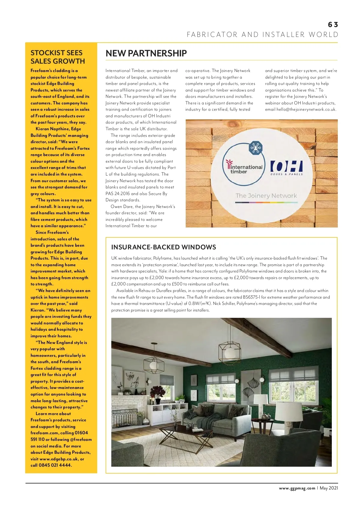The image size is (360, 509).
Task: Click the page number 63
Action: click(x=333, y=25)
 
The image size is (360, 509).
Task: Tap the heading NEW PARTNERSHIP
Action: click(x=146, y=53)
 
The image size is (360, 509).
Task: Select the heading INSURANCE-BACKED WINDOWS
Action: click(x=163, y=247)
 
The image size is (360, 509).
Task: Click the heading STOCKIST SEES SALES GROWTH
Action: click(x=58, y=57)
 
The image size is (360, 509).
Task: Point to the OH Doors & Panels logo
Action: click(x=286, y=168)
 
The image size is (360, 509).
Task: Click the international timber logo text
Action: click(x=244, y=169)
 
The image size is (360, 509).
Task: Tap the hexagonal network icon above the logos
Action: click(x=256, y=148)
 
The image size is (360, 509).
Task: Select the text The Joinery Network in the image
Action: click(x=266, y=196)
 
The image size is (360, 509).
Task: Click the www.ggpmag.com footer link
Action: click(x=297, y=488)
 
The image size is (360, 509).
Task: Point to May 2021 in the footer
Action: click(x=329, y=488)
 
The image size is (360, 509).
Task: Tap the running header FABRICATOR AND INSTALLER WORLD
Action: click(x=262, y=35)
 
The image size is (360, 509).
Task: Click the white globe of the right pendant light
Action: click(x=230, y=353)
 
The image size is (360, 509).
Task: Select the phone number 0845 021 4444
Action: click(x=55, y=465)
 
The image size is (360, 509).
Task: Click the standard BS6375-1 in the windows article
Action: click(x=254, y=297)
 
